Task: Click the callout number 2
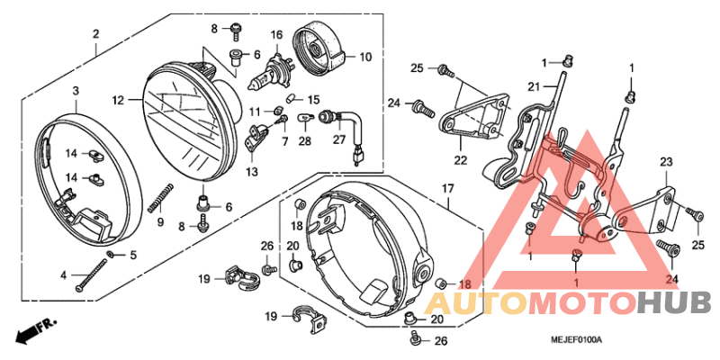94,35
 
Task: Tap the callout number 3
76,91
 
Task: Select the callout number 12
118,100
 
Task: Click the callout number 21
532,86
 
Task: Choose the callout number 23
666,162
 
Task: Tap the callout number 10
364,57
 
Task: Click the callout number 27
338,139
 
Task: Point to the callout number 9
161,221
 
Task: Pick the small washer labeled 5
109,256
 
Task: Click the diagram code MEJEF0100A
575,338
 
